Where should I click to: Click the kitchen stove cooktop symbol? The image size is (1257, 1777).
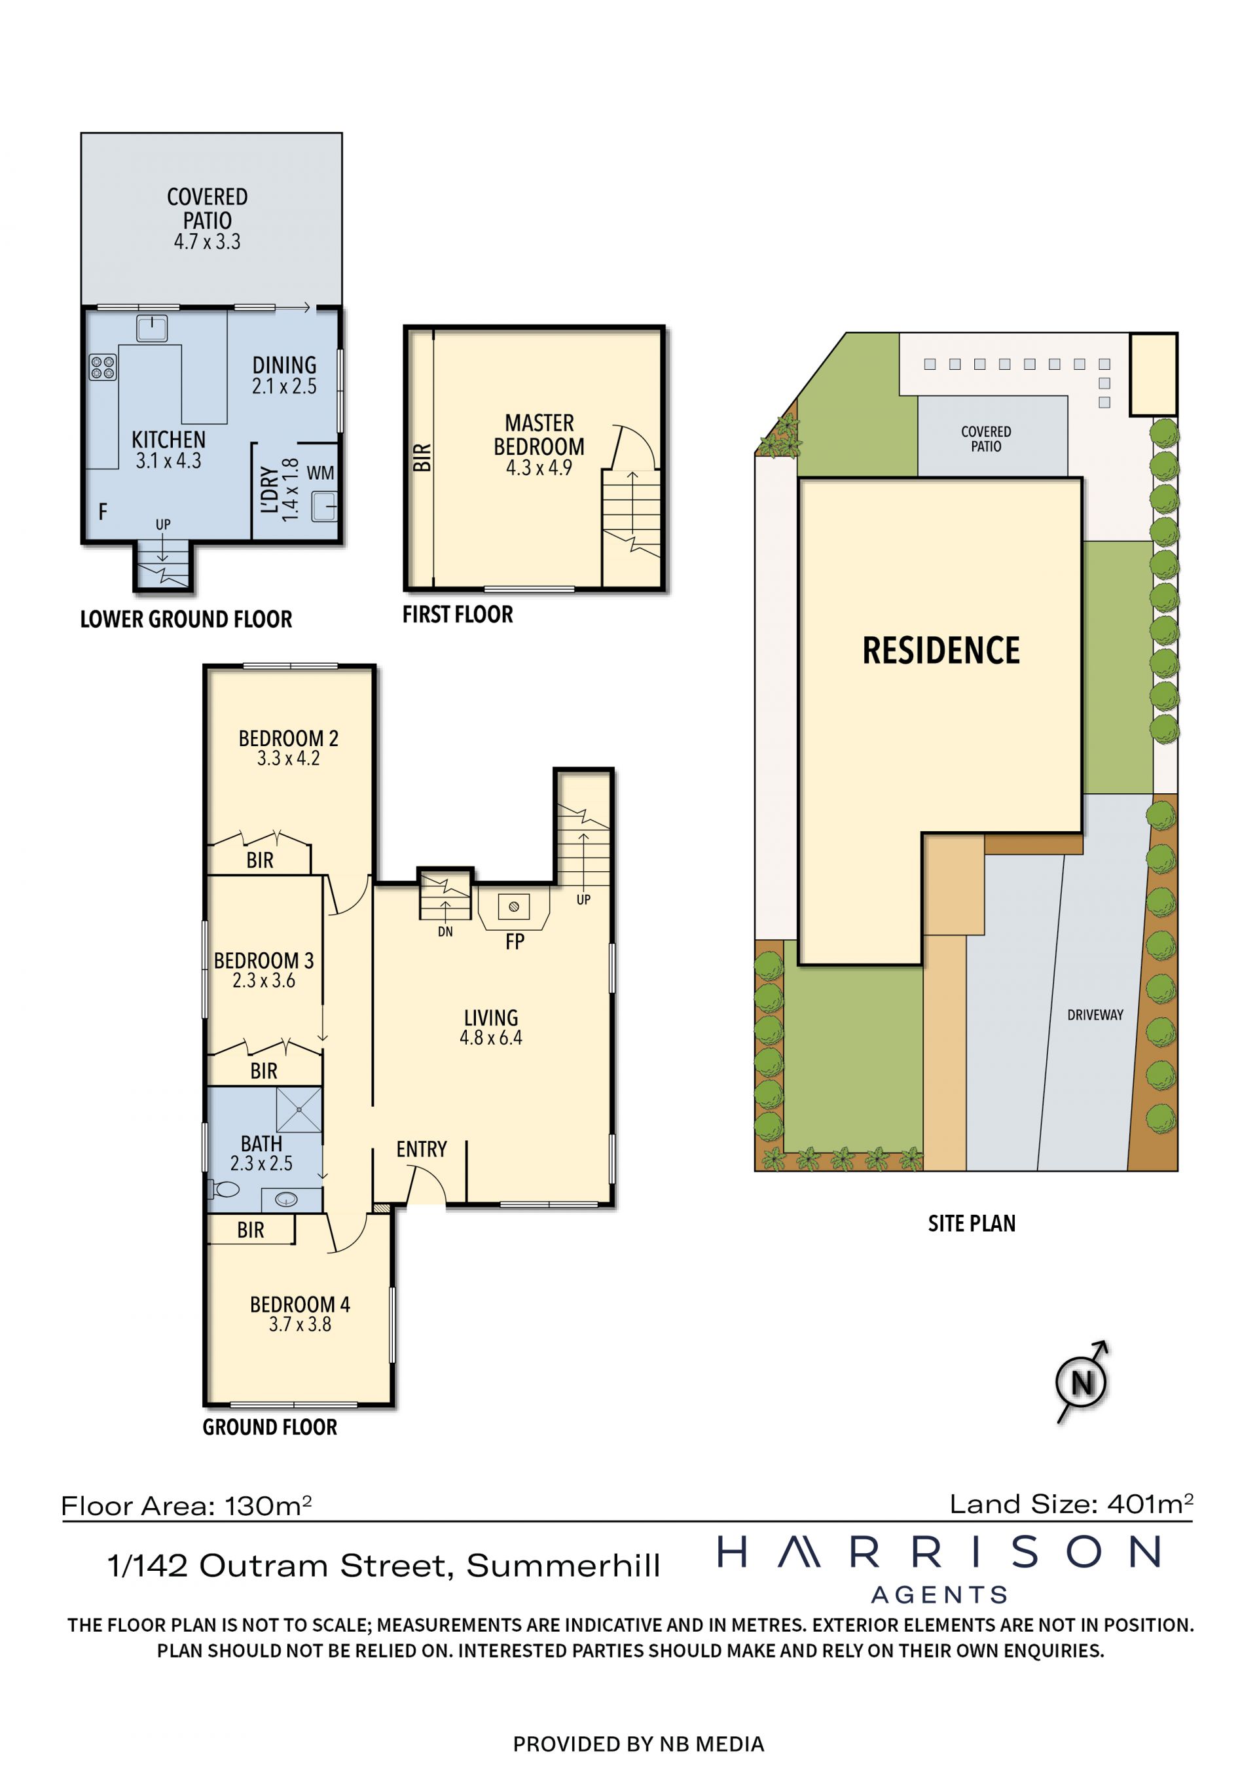tap(103, 367)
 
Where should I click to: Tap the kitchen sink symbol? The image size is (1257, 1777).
tap(152, 328)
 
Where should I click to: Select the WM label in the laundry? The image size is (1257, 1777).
tap(320, 473)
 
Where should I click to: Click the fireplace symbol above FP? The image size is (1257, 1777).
tap(514, 907)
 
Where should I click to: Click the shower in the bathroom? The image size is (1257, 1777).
tap(299, 1110)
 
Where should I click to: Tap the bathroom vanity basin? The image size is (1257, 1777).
tap(286, 1200)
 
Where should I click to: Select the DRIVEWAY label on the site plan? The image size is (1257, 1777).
tap(1095, 1014)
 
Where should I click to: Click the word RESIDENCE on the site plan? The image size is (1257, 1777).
tap(941, 650)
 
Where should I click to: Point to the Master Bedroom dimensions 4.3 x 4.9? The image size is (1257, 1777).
tap(539, 468)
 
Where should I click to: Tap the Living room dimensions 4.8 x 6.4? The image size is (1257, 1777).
tap(491, 1038)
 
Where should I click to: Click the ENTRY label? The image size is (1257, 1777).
tap(422, 1149)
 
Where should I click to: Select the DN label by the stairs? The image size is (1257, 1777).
tap(445, 932)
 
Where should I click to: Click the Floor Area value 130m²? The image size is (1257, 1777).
tap(268, 1505)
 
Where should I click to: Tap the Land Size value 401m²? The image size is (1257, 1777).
tap(1150, 1504)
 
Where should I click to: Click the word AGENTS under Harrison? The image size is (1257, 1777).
tap(939, 1595)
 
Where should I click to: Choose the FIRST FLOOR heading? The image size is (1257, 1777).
tap(458, 615)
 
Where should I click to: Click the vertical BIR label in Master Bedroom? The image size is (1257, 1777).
tap(422, 458)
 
